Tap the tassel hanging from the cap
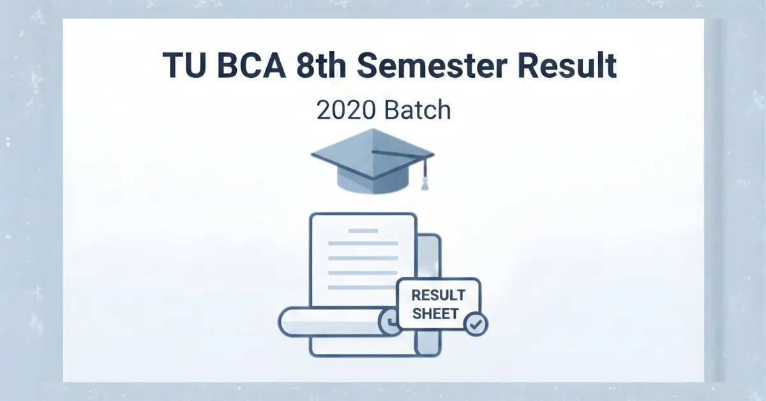tap(424, 181)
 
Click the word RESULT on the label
tap(438, 296)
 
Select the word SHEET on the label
tap(435, 313)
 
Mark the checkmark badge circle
tap(475, 324)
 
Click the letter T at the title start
tap(171, 66)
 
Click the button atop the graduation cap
tap(373, 153)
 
